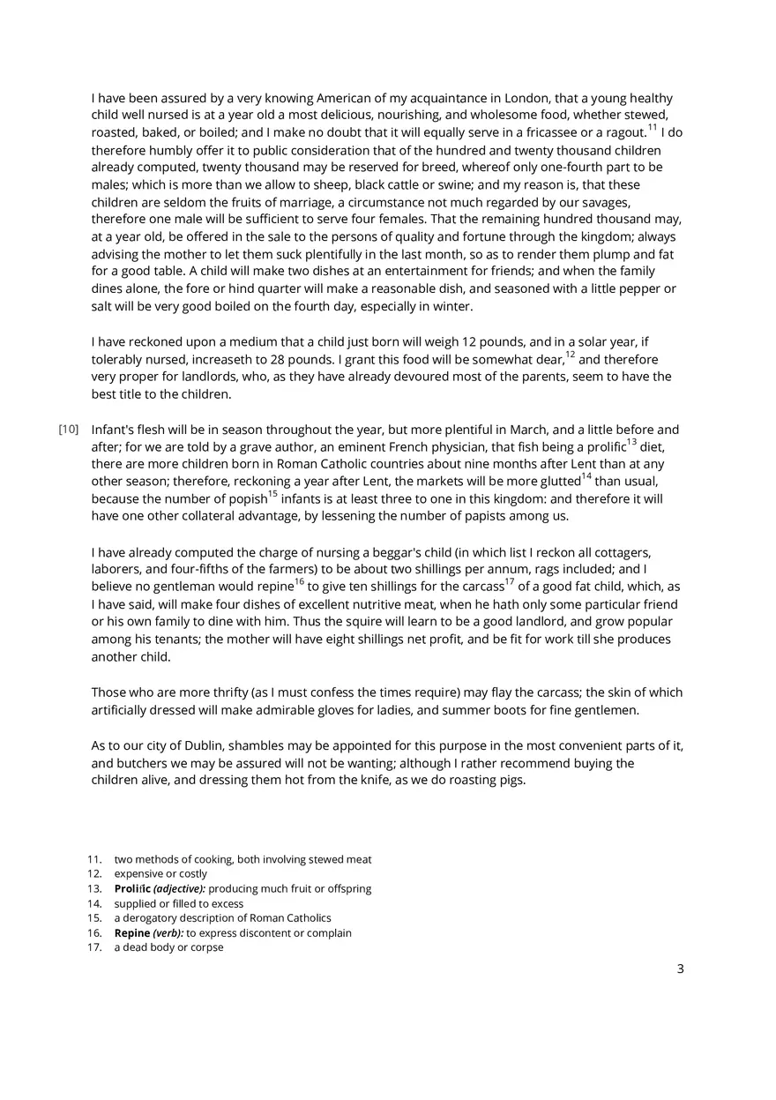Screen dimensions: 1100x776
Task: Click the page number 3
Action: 680,969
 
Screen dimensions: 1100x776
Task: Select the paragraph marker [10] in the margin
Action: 69,430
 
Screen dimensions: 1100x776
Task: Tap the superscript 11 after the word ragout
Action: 653,128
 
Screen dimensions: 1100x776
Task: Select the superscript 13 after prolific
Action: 631,442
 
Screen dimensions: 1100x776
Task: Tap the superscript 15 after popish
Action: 272,494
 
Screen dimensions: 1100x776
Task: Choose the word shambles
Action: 258,745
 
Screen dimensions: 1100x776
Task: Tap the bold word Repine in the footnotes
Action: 132,932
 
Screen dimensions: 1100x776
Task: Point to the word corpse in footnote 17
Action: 206,947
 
